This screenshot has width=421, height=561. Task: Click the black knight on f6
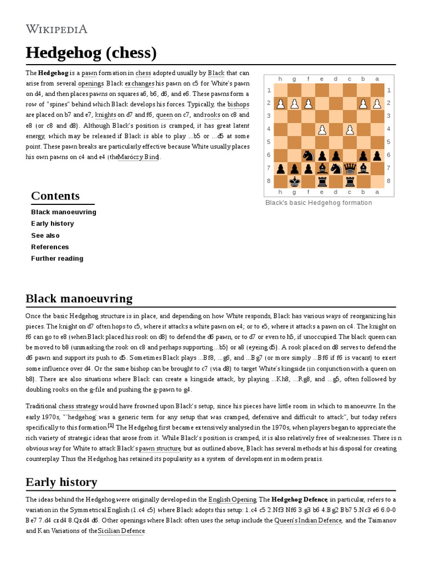click(308, 156)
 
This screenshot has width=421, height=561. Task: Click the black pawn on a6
click(376, 156)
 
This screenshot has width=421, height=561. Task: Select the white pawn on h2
click(281, 103)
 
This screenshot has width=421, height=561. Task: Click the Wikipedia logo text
click(56, 29)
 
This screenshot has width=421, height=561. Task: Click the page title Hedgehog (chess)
click(91, 53)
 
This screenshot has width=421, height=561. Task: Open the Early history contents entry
click(52, 224)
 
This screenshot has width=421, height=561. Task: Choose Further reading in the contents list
click(57, 259)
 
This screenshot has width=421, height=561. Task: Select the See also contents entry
click(45, 235)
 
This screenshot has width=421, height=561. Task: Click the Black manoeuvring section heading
click(79, 299)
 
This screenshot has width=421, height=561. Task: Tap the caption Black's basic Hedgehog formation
click(318, 203)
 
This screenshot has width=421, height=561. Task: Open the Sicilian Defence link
click(121, 531)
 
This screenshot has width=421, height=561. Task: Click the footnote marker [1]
click(111, 426)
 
